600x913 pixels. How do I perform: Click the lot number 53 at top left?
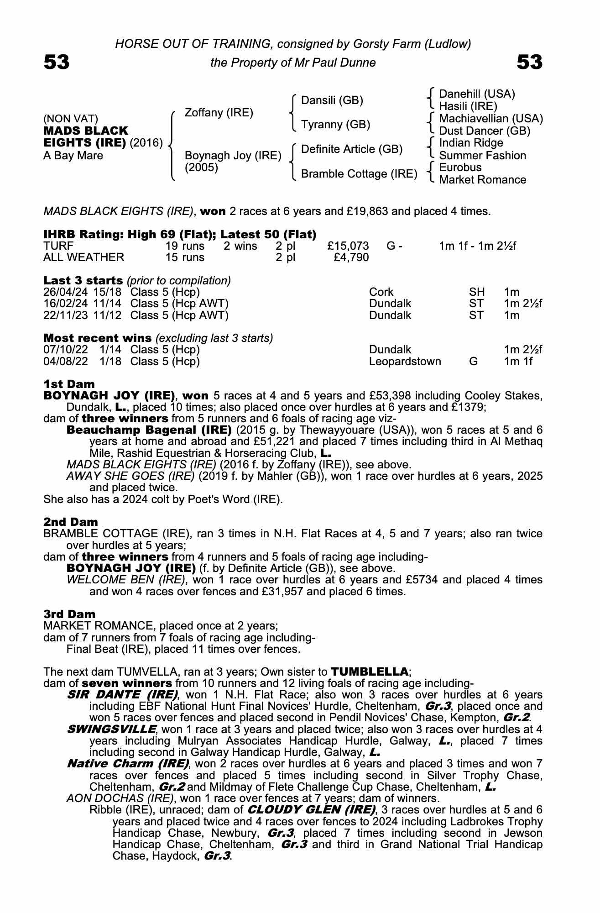click(x=57, y=62)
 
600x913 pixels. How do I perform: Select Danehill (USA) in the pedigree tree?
click(x=477, y=94)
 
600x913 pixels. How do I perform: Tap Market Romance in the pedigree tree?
click(x=482, y=180)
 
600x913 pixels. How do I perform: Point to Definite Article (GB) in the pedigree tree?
click(x=352, y=149)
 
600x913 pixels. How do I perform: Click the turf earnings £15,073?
click(x=348, y=246)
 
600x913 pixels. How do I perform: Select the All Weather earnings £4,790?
click(x=351, y=257)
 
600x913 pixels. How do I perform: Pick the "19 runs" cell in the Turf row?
click(x=185, y=246)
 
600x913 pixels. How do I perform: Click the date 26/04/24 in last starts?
click(x=66, y=292)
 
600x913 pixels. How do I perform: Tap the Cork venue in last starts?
click(x=381, y=292)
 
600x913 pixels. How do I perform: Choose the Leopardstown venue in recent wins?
click(x=405, y=362)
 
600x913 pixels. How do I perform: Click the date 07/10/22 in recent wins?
click(x=66, y=350)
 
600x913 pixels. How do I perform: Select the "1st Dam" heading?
click(x=69, y=384)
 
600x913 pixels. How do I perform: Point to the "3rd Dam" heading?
click(x=69, y=614)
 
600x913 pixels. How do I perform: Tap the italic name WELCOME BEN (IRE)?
click(x=126, y=580)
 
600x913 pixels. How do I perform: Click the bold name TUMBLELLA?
click(x=369, y=672)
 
